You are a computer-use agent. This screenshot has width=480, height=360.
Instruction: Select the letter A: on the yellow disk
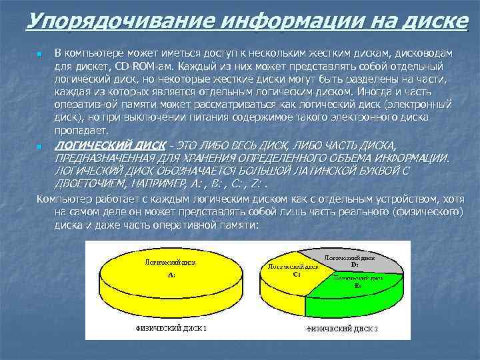(x=171, y=275)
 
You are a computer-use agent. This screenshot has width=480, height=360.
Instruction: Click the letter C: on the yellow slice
(x=296, y=273)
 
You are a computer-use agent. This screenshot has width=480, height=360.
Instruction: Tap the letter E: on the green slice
(x=357, y=285)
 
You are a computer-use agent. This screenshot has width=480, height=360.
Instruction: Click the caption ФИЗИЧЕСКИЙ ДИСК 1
(x=171, y=328)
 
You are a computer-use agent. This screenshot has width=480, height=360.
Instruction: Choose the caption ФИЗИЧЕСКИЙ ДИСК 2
(x=342, y=329)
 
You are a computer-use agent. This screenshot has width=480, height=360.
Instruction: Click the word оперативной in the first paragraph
(x=87, y=106)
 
